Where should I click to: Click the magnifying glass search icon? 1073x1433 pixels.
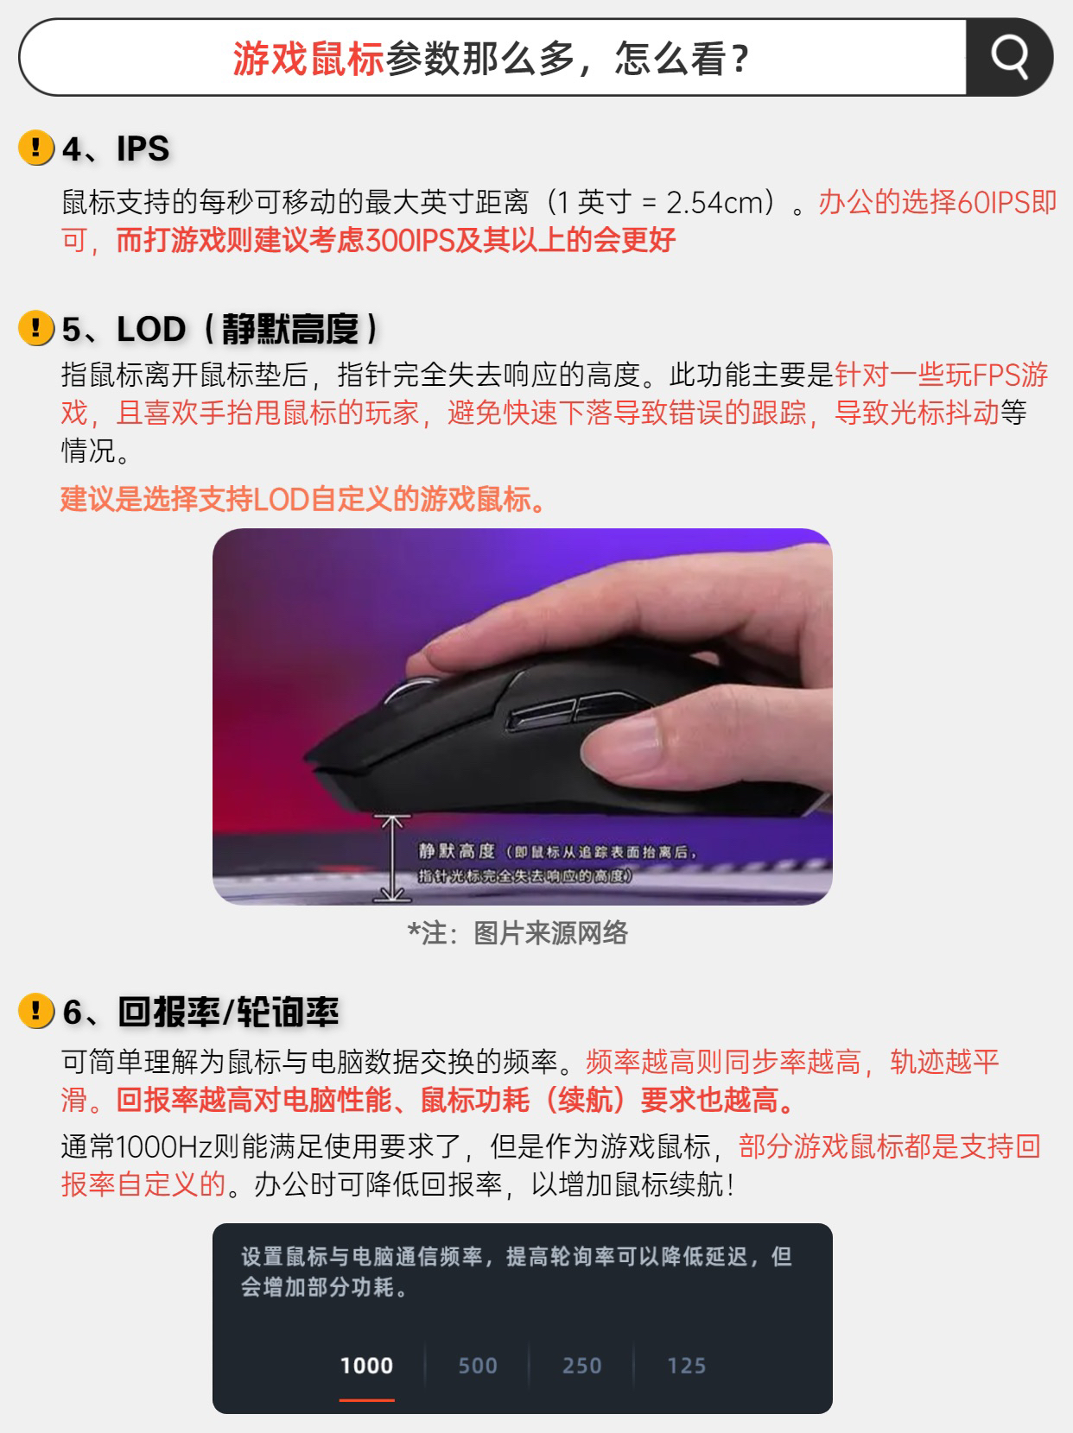coord(1010,57)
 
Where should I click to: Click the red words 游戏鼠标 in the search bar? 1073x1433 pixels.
coord(308,59)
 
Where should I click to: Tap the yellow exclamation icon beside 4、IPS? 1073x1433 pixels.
coord(36,148)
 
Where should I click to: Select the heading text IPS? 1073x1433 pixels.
coord(143,148)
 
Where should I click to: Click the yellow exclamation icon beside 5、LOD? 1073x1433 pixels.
coord(36,328)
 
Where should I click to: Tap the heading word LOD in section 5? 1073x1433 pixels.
coord(151,329)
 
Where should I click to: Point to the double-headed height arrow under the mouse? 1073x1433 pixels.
coord(392,858)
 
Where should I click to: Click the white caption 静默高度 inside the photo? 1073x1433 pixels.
coord(456,851)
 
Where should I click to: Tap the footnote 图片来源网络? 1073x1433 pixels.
coord(550,933)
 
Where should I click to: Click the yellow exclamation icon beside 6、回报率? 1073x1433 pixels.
coord(36,1011)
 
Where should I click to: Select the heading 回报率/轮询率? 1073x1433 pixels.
coord(229,1013)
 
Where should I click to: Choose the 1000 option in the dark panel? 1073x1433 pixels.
coord(367,1366)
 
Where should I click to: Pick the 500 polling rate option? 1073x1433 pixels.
coord(478,1366)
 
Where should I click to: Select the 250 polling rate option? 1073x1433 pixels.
coord(582,1366)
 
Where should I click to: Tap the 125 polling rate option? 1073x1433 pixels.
coord(686,1366)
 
